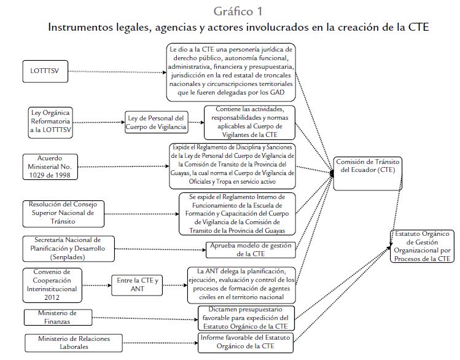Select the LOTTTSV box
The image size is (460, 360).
[44, 71]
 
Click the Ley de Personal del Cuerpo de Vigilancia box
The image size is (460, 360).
[155, 122]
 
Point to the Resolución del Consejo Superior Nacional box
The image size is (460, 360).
[59, 213]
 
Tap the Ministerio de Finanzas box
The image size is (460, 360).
[57, 317]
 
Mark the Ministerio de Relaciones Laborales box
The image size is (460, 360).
[64, 342]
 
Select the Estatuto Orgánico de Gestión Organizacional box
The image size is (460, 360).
[423, 246]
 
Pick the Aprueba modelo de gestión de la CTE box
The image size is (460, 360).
[250, 249]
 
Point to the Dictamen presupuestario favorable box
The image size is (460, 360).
[246, 318]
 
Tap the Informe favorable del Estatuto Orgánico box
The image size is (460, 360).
[246, 343]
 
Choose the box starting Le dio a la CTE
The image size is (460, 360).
[231, 72]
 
